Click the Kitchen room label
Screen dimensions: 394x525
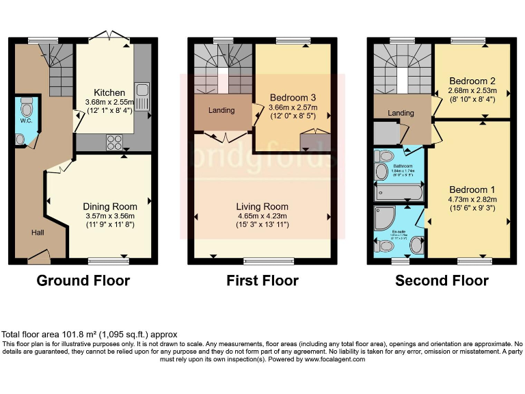click(x=109, y=92)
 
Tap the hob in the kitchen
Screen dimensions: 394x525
click(x=113, y=142)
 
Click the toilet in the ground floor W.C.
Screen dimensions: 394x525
click(x=27, y=108)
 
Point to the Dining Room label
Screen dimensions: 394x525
click(x=109, y=206)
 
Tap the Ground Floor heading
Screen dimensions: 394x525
click(x=83, y=280)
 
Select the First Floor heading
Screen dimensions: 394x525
click(x=262, y=280)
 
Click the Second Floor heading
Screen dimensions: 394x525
click(x=442, y=280)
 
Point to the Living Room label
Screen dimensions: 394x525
click(x=262, y=206)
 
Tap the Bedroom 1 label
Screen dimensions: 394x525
click(x=472, y=189)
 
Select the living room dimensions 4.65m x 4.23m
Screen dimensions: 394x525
click(x=262, y=215)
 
